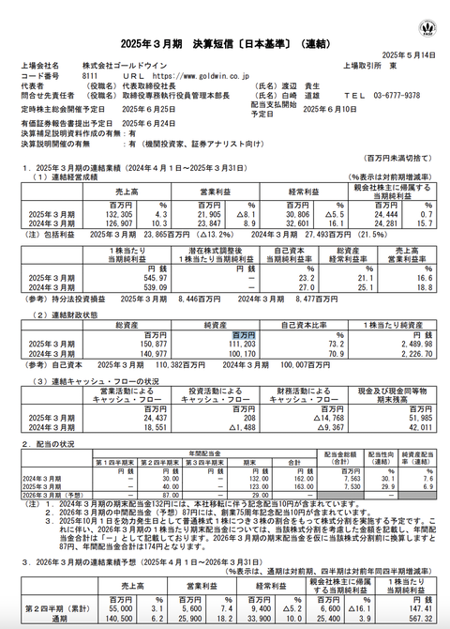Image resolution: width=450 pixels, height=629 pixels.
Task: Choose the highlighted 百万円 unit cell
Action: [x=243, y=333]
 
